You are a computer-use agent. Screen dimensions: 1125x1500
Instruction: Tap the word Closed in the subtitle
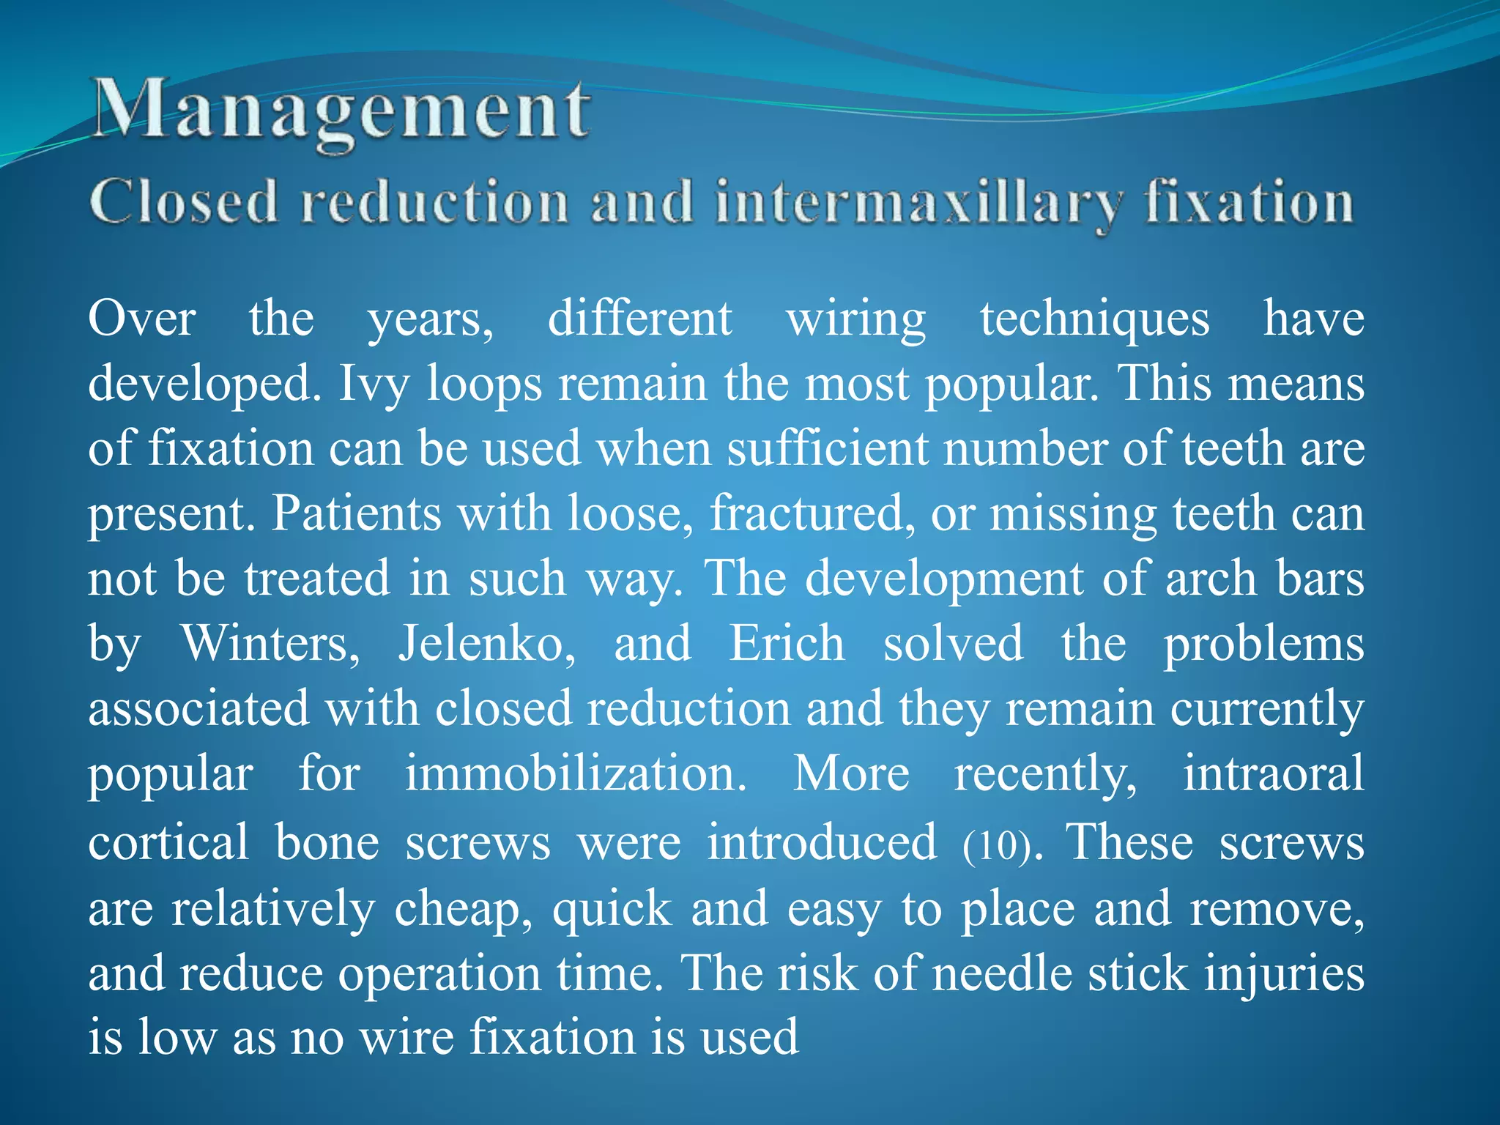(184, 201)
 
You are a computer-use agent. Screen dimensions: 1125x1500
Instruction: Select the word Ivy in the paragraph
(374, 384)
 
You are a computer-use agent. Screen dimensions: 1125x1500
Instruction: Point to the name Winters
(270, 643)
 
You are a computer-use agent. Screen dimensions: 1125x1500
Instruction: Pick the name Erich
(787, 643)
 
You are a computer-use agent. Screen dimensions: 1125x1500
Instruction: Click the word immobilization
(576, 773)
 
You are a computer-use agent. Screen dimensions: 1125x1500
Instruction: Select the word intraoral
(1274, 773)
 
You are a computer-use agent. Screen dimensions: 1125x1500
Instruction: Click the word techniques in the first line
(1095, 320)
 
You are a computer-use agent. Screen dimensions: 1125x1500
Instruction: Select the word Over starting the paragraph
(142, 320)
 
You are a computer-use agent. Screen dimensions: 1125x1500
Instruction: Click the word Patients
(357, 513)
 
